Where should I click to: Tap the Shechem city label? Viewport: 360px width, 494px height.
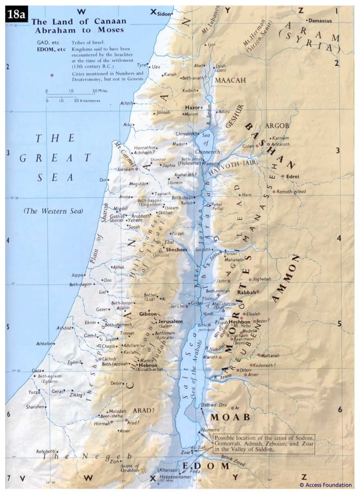point(177,249)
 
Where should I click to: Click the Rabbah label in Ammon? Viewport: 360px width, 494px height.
point(246,293)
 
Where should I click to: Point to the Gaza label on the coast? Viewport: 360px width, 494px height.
point(38,370)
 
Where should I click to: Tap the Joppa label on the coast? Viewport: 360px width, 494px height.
point(78,275)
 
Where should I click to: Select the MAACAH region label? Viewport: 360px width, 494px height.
point(230,81)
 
